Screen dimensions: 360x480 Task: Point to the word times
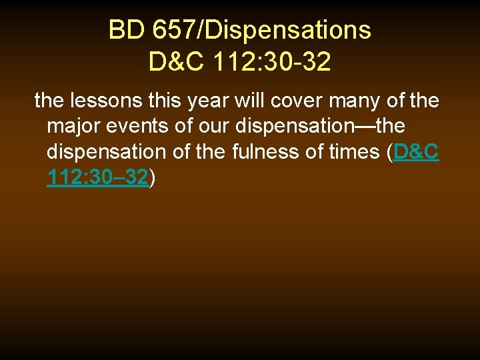pyautogui.click(x=355, y=151)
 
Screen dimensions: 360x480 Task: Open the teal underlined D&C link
pyautogui.click(x=416, y=151)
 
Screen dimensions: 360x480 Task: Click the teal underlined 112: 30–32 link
pyautogui.click(x=98, y=177)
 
